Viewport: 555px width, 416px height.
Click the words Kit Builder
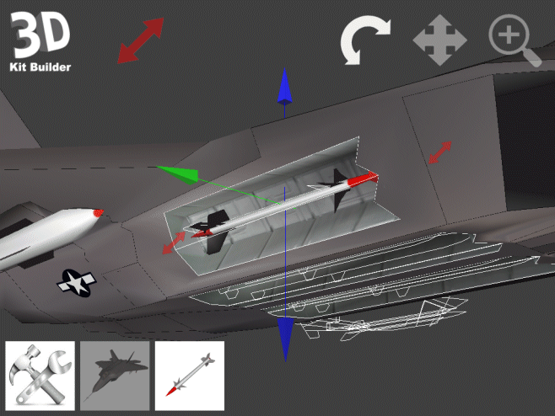(x=40, y=67)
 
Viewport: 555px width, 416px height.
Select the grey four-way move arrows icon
(x=439, y=40)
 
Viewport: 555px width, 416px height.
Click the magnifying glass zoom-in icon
(x=514, y=40)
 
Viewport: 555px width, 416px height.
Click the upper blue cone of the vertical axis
(x=284, y=88)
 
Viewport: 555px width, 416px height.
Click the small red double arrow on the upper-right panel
(x=439, y=152)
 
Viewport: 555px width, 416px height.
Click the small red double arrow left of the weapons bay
(x=174, y=243)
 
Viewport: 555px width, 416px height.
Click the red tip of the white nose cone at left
(x=99, y=212)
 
